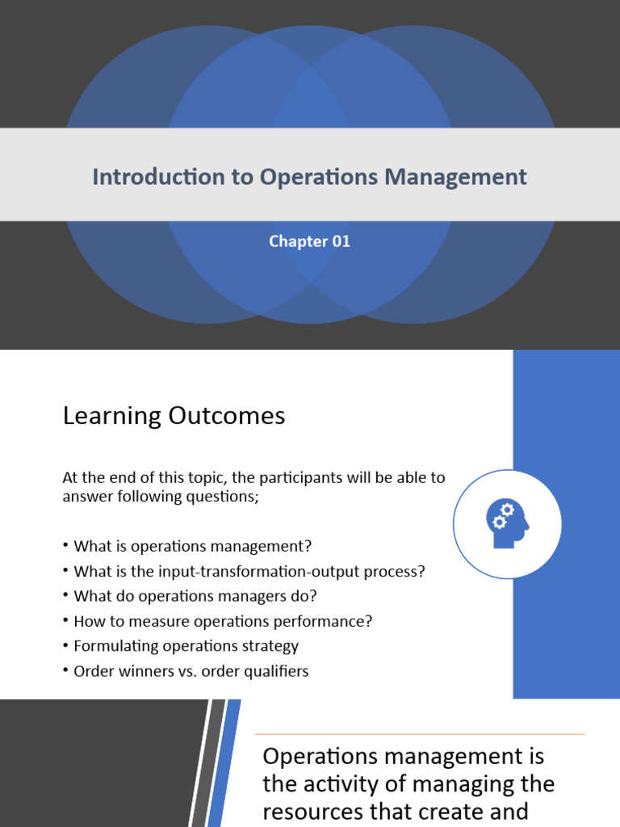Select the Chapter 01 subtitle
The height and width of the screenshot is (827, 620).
[310, 241]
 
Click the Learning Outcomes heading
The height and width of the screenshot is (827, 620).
[174, 416]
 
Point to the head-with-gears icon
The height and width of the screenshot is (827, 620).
[507, 524]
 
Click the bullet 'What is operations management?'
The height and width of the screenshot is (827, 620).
[192, 546]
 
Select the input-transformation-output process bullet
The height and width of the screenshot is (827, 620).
[249, 571]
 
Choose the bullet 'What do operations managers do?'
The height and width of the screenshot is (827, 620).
[195, 596]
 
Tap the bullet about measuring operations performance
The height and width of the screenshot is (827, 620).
[223, 621]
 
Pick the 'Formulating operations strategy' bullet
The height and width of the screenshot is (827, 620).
[186, 645]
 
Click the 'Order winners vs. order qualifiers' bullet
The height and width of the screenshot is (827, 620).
[191, 670]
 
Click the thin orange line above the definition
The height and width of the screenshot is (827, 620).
[419, 734]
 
